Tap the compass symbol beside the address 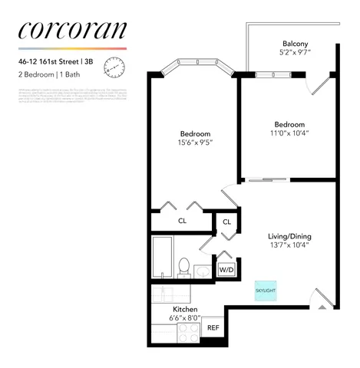(117, 67)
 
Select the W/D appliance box (226, 270)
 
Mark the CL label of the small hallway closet (226, 222)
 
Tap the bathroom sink (203, 271)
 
